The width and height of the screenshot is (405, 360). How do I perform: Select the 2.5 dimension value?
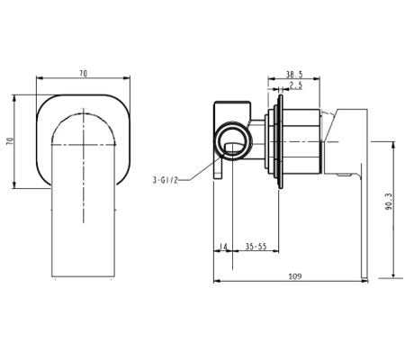(293, 87)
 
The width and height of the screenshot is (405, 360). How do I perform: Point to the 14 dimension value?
(223, 246)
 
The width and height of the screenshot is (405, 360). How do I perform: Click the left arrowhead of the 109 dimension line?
(217, 282)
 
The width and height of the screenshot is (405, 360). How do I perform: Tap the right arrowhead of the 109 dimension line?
(365, 282)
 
